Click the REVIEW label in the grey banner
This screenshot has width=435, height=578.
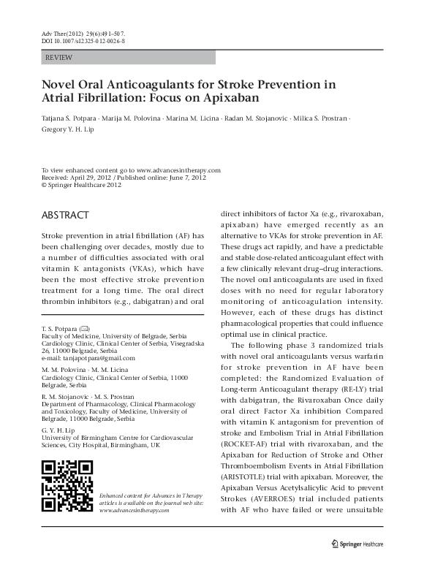click(x=58, y=56)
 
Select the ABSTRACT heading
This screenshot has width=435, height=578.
click(x=65, y=216)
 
